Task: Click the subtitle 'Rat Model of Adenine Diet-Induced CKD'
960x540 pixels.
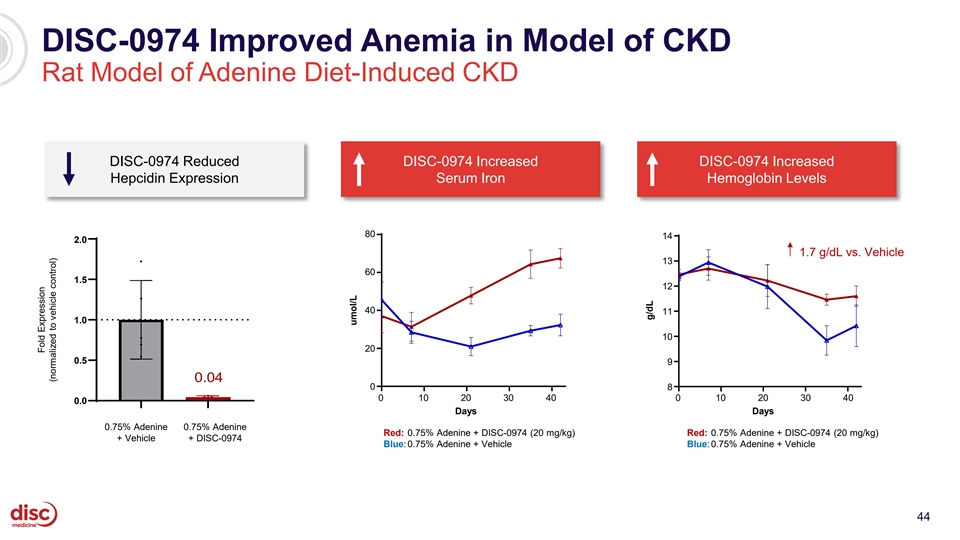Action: coord(282,74)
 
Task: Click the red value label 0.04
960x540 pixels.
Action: coord(208,377)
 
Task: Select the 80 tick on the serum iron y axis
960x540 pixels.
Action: coord(369,234)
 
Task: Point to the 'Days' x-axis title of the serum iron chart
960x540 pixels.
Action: coord(466,411)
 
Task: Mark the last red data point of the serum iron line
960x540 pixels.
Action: coord(561,258)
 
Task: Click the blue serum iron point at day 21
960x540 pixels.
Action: coord(471,347)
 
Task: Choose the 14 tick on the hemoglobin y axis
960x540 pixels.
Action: coord(666,236)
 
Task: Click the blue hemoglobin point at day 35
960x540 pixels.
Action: coord(827,340)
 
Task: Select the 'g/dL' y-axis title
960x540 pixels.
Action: coord(649,310)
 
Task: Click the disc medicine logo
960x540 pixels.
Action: coord(34,514)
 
